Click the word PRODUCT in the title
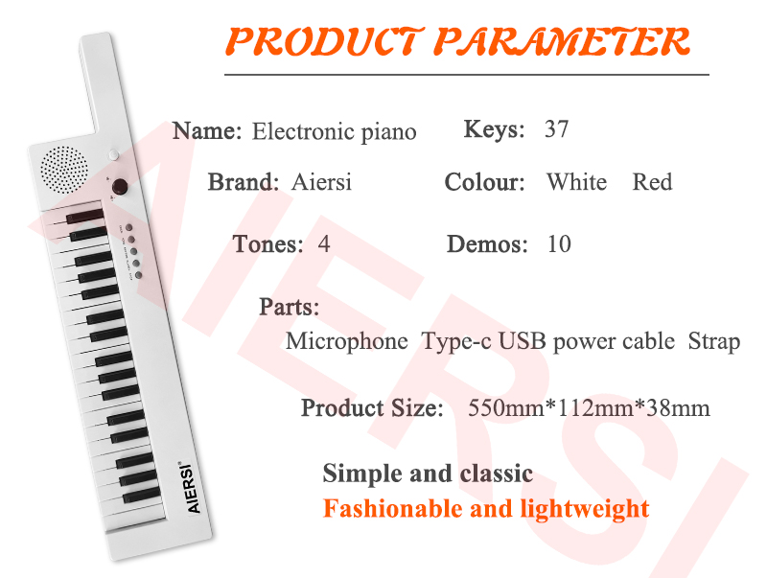[324, 41]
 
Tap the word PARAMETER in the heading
[562, 41]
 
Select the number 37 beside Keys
[557, 129]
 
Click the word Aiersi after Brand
[321, 182]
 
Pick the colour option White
[577, 182]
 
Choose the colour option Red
[652, 182]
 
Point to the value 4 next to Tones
[324, 243]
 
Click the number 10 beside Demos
[559, 243]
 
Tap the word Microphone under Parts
[347, 341]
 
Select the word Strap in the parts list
[714, 341]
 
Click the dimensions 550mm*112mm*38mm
[589, 407]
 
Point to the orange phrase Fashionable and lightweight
[486, 509]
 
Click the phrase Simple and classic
[428, 474]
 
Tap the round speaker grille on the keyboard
[64, 170]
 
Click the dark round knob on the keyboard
[120, 186]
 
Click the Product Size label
[372, 407]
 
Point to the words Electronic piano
[334, 131]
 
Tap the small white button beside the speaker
[113, 154]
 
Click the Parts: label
[290, 307]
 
